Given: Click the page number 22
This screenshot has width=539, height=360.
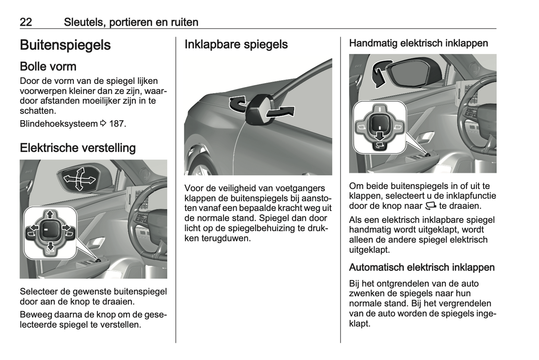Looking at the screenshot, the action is (26, 22).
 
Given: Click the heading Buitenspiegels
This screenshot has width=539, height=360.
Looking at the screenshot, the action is (65, 45).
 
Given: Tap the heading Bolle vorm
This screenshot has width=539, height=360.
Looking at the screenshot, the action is (48, 66).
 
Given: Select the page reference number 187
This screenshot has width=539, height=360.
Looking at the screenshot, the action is (116, 124).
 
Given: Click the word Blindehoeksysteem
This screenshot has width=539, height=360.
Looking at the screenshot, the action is (59, 124).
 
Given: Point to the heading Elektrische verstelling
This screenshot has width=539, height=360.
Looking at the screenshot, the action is (78, 148).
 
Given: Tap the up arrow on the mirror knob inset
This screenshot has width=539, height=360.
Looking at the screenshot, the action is (50, 214).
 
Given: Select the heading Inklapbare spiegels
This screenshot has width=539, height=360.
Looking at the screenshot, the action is (236, 44).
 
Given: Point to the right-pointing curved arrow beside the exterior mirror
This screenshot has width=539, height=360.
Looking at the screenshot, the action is (281, 112).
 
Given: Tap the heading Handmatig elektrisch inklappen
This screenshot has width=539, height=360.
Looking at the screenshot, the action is (419, 43).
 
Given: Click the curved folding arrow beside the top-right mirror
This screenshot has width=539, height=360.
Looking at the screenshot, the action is (381, 73).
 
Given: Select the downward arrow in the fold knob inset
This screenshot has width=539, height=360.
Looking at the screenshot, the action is (380, 136).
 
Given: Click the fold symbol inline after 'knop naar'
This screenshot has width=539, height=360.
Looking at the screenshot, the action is (431, 206).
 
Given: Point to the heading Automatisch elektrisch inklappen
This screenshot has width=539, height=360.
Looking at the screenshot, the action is (422, 268).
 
